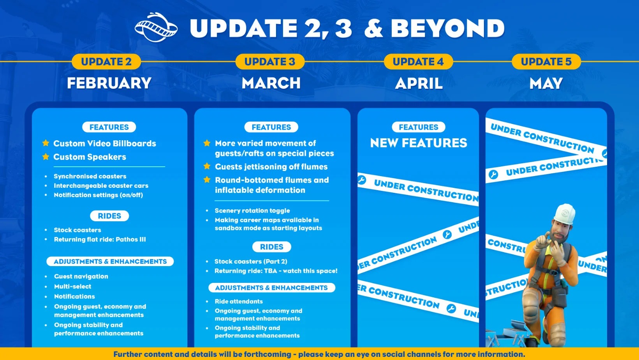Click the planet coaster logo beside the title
click(x=156, y=27)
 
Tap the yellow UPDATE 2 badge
click(x=106, y=62)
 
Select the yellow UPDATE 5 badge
click(x=546, y=62)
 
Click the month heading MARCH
click(x=271, y=83)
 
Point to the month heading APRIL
click(x=419, y=83)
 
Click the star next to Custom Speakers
click(x=46, y=157)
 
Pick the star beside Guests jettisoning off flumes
click(x=207, y=166)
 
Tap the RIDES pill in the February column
click(x=109, y=216)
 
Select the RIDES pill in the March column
click(x=271, y=247)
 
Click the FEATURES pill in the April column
click(x=419, y=127)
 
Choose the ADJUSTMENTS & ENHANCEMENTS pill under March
click(x=271, y=288)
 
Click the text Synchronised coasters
click(x=90, y=176)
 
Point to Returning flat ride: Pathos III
click(x=100, y=239)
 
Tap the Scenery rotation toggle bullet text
click(x=252, y=210)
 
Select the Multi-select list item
click(x=73, y=286)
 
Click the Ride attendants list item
click(x=238, y=301)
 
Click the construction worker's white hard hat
click(x=565, y=214)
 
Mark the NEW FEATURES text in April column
click(x=419, y=143)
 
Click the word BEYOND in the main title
click(x=447, y=28)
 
